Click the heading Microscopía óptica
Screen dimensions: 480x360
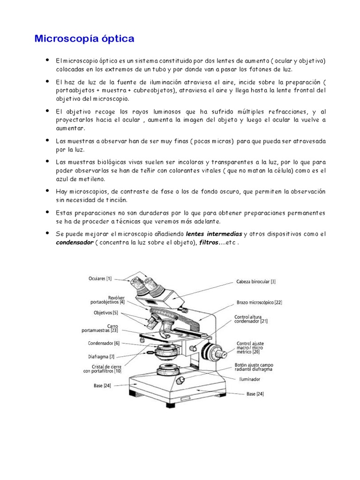pos(84,39)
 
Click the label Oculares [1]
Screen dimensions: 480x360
pos(102,278)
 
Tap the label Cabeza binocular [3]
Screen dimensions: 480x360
pos(256,282)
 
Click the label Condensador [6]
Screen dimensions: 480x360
pos(104,343)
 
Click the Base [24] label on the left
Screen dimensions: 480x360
pos(102,387)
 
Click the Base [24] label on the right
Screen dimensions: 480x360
pos(255,394)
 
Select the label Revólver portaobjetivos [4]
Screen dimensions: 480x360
pos(108,300)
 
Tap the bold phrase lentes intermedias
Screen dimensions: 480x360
pos(214,234)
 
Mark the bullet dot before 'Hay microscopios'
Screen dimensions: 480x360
pos(47,191)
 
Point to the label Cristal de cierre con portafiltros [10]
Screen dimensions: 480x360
pos(102,368)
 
